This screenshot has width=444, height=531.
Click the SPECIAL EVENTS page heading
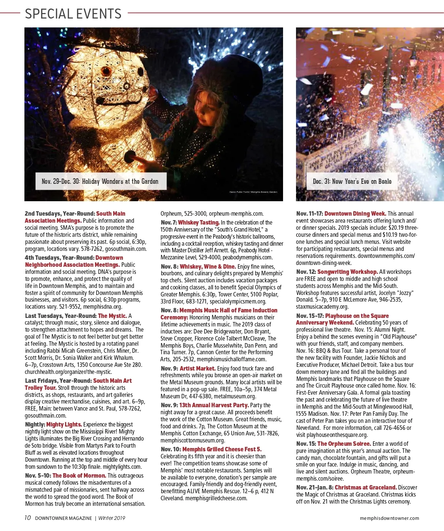click(73, 14)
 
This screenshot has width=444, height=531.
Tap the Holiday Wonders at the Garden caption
click(100, 181)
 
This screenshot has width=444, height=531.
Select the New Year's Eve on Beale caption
click(352, 181)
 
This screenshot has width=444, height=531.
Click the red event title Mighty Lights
click(64, 424)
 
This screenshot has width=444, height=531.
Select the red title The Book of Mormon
click(79, 475)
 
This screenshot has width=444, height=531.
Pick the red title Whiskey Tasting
click(199, 222)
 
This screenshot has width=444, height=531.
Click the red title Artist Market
click(198, 368)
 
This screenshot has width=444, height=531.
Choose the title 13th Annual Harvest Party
click(214, 405)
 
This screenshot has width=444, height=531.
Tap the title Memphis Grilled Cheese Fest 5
click(222, 449)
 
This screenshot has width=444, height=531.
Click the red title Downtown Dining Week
click(355, 213)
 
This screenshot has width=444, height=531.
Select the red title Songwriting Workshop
click(347, 272)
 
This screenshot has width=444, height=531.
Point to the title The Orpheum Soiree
click(344, 444)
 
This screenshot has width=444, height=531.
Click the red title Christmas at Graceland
click(366, 487)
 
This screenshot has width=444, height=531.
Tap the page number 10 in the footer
click(28, 518)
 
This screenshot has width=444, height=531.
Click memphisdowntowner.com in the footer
click(389, 518)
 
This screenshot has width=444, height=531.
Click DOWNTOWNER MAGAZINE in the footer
click(63, 518)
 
